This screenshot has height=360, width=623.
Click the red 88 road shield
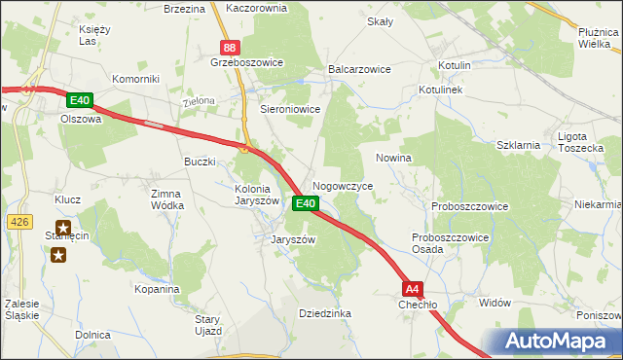[229, 47]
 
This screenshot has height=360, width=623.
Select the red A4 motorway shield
[414, 288]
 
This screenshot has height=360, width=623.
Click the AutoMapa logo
[559, 342]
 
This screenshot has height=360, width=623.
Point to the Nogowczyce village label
[343, 185]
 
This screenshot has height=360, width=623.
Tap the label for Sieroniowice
[290, 110]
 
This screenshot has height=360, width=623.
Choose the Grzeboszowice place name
[246, 62]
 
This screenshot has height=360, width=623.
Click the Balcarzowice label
[359, 70]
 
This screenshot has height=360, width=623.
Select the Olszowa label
[81, 119]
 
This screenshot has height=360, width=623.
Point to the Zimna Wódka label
[166, 199]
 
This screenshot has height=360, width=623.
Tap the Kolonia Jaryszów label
[257, 195]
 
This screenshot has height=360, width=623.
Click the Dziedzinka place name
[325, 313]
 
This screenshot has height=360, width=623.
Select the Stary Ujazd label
[209, 325]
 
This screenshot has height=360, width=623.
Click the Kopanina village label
[158, 289]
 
